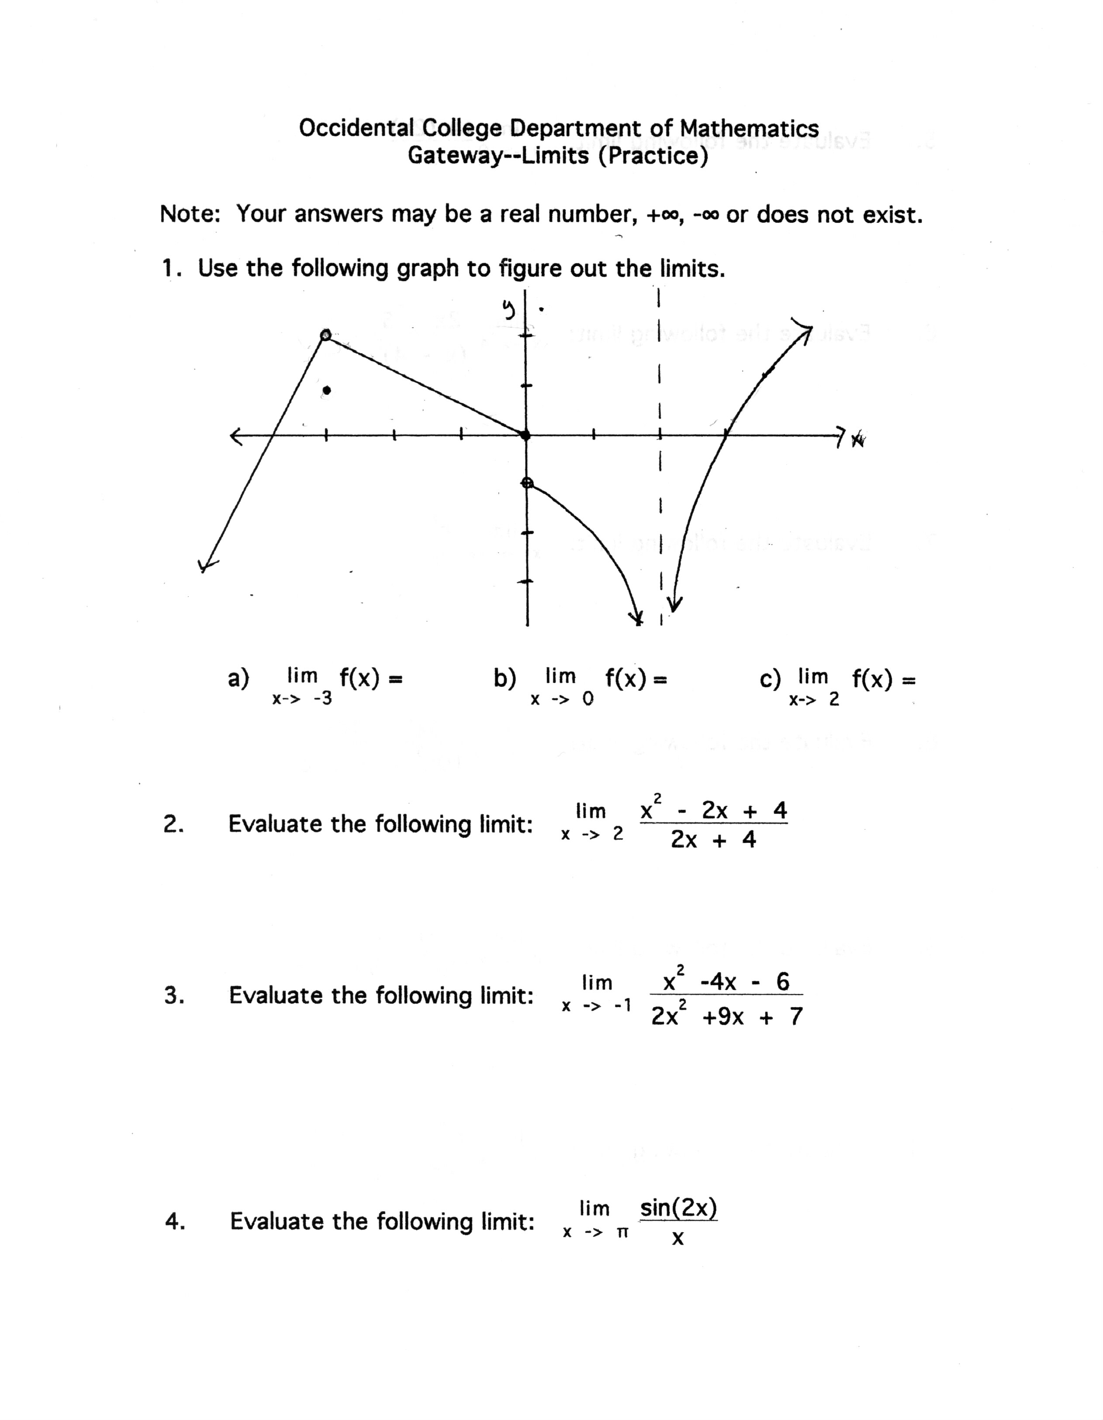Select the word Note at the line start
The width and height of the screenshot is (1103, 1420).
(x=188, y=214)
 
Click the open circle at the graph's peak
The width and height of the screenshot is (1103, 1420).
(x=325, y=335)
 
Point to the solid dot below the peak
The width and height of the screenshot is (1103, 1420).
(x=327, y=390)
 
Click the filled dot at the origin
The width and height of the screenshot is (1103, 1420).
(x=526, y=435)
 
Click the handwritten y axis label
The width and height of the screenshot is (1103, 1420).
(x=508, y=310)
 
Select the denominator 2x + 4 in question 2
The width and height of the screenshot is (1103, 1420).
(x=713, y=840)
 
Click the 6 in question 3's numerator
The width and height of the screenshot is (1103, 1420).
(x=782, y=981)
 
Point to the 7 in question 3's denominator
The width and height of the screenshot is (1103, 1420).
(x=796, y=1016)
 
